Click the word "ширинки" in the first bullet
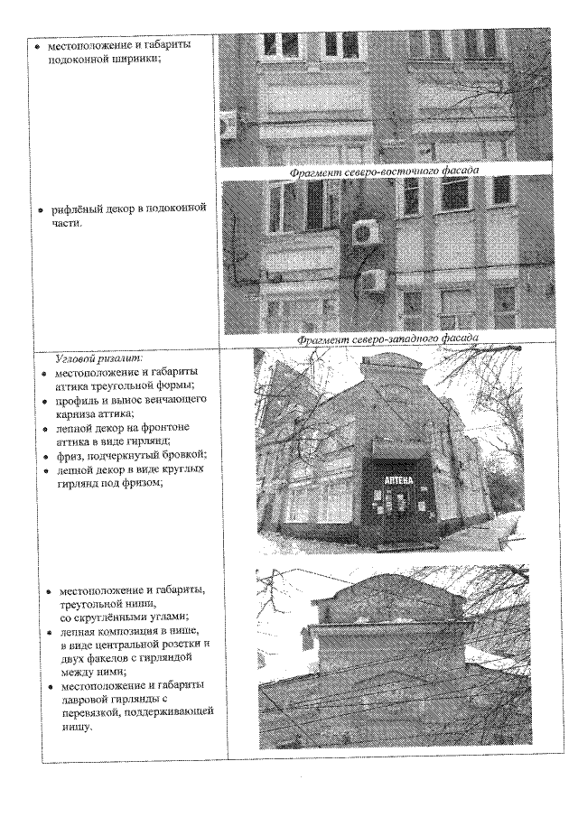click(133, 57)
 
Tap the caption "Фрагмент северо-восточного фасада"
click(384, 170)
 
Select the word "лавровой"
click(86, 699)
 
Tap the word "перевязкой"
click(95, 712)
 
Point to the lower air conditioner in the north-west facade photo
click(373, 280)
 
